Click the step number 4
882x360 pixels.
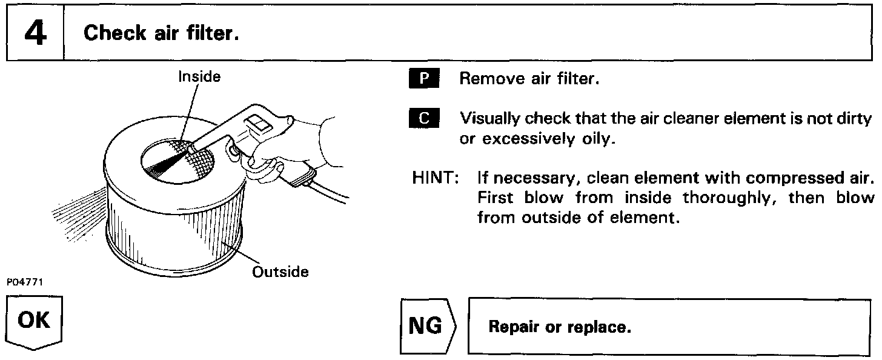pyautogui.click(x=35, y=32)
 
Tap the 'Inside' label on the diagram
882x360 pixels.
pyautogui.click(x=198, y=76)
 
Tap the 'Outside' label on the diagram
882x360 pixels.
pyautogui.click(x=280, y=272)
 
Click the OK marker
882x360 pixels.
pyautogui.click(x=35, y=321)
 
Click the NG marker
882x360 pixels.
pyautogui.click(x=426, y=327)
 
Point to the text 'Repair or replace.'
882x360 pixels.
pyautogui.click(x=560, y=328)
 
